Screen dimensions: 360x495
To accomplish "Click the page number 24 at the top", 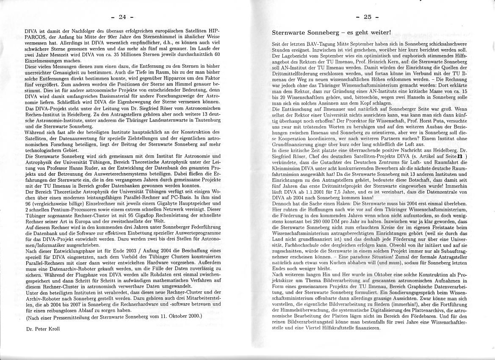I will [x=122, y=17].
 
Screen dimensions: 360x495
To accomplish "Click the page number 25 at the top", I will [x=367, y=17].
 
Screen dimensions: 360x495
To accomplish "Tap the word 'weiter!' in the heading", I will [x=379, y=32].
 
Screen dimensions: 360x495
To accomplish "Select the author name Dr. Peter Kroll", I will [x=42, y=329].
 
